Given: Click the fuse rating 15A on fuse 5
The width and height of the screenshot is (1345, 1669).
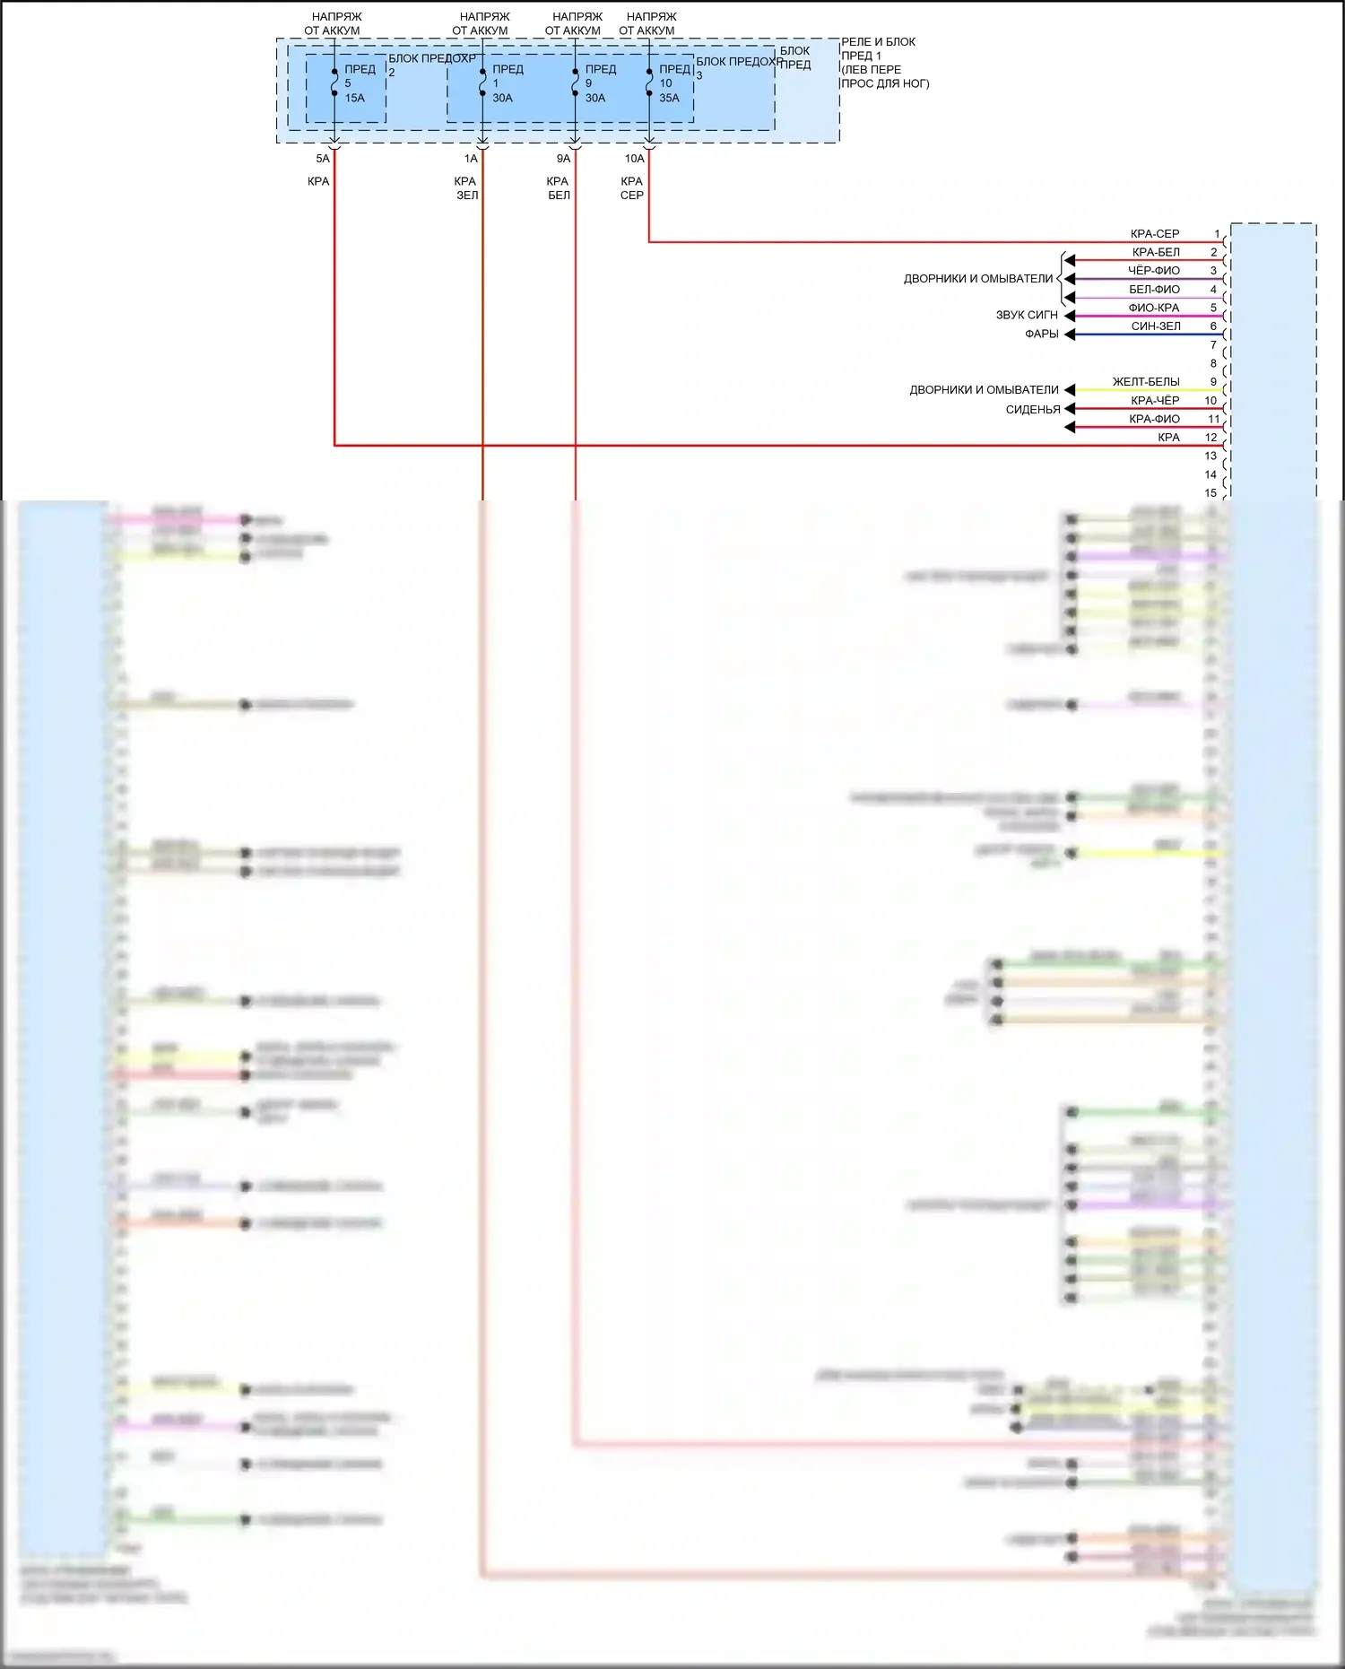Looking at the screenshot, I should [x=355, y=98].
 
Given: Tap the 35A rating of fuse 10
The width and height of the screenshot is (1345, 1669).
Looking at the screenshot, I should [x=669, y=98].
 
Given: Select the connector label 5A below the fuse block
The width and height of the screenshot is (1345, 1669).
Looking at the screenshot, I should [x=323, y=159].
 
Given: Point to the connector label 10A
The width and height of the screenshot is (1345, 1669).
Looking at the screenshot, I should [x=634, y=159].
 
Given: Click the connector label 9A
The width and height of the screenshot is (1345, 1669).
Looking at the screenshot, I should [x=563, y=159].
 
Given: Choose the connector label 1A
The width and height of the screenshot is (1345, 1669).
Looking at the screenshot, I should [x=471, y=159].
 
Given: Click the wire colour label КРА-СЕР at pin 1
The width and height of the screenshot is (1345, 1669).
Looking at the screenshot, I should [x=1155, y=234].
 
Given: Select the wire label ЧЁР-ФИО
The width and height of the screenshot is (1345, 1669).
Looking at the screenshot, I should [x=1154, y=271].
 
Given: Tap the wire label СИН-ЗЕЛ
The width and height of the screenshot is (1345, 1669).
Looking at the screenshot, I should [x=1156, y=326].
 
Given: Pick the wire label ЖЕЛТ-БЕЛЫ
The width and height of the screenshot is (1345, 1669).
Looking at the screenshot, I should [x=1146, y=382].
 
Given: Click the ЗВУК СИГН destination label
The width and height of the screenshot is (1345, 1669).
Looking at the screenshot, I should [x=1027, y=316].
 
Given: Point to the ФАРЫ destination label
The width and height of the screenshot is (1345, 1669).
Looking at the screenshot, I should [x=1042, y=334].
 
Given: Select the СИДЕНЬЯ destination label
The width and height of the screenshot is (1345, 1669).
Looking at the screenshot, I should [x=1033, y=410].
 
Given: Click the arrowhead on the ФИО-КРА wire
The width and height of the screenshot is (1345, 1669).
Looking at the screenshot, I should [x=1069, y=316].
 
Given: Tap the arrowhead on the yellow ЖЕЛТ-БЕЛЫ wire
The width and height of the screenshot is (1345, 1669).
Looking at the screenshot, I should [x=1069, y=390].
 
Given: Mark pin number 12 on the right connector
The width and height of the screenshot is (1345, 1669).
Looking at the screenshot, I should [x=1210, y=438].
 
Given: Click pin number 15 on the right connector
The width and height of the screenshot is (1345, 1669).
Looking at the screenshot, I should [x=1210, y=493].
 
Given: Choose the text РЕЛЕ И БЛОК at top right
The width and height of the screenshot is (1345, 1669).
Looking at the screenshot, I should [x=878, y=42].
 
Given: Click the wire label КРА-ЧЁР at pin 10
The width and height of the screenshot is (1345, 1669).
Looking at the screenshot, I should [x=1155, y=401].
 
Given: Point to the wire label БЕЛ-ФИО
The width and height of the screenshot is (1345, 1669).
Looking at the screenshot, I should [x=1154, y=290].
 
